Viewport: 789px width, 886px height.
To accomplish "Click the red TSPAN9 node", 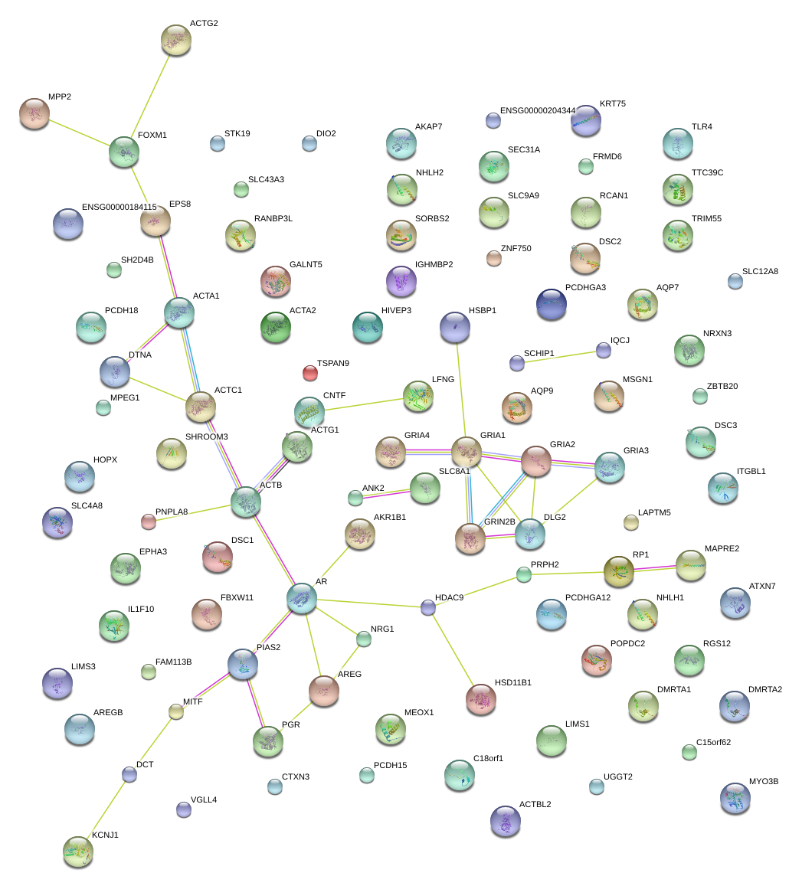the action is [x=309, y=373].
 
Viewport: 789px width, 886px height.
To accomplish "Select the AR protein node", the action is [x=302, y=598].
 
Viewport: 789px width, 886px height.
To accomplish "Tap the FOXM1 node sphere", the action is [x=124, y=152].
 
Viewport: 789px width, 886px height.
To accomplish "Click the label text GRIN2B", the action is [x=499, y=521].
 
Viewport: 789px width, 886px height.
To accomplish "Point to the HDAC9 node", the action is [x=428, y=608].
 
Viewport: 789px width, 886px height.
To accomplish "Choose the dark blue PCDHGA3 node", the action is [x=552, y=304].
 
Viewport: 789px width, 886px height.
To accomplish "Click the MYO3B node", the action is [x=735, y=798].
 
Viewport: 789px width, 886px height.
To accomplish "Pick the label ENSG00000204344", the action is [x=537, y=111].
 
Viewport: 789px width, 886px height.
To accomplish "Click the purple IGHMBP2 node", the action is [x=401, y=281].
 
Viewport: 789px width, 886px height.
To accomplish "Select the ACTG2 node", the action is [x=176, y=40].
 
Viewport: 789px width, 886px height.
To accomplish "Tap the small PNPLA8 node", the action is [x=149, y=521].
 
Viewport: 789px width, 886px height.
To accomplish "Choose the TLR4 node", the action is [x=677, y=143].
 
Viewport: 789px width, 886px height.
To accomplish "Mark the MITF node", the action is [x=176, y=711].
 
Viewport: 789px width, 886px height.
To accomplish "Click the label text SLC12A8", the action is [x=760, y=271].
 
